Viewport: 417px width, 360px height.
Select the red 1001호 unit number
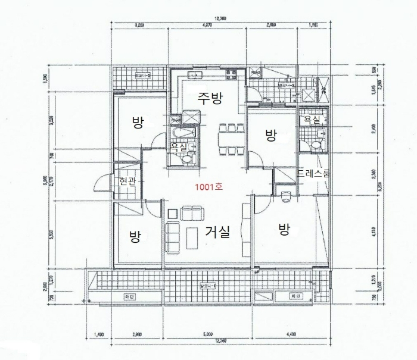click(208, 187)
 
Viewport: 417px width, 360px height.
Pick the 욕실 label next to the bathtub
click(178, 146)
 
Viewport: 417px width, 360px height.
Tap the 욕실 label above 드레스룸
click(312, 119)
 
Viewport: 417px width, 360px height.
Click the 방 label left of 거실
click(135, 236)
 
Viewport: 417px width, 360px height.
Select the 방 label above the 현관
click(137, 123)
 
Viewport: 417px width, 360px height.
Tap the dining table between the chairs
click(229, 140)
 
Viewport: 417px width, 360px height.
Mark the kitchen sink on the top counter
click(194, 75)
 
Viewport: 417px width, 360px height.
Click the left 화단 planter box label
click(127, 295)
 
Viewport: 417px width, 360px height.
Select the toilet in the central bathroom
click(187, 156)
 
